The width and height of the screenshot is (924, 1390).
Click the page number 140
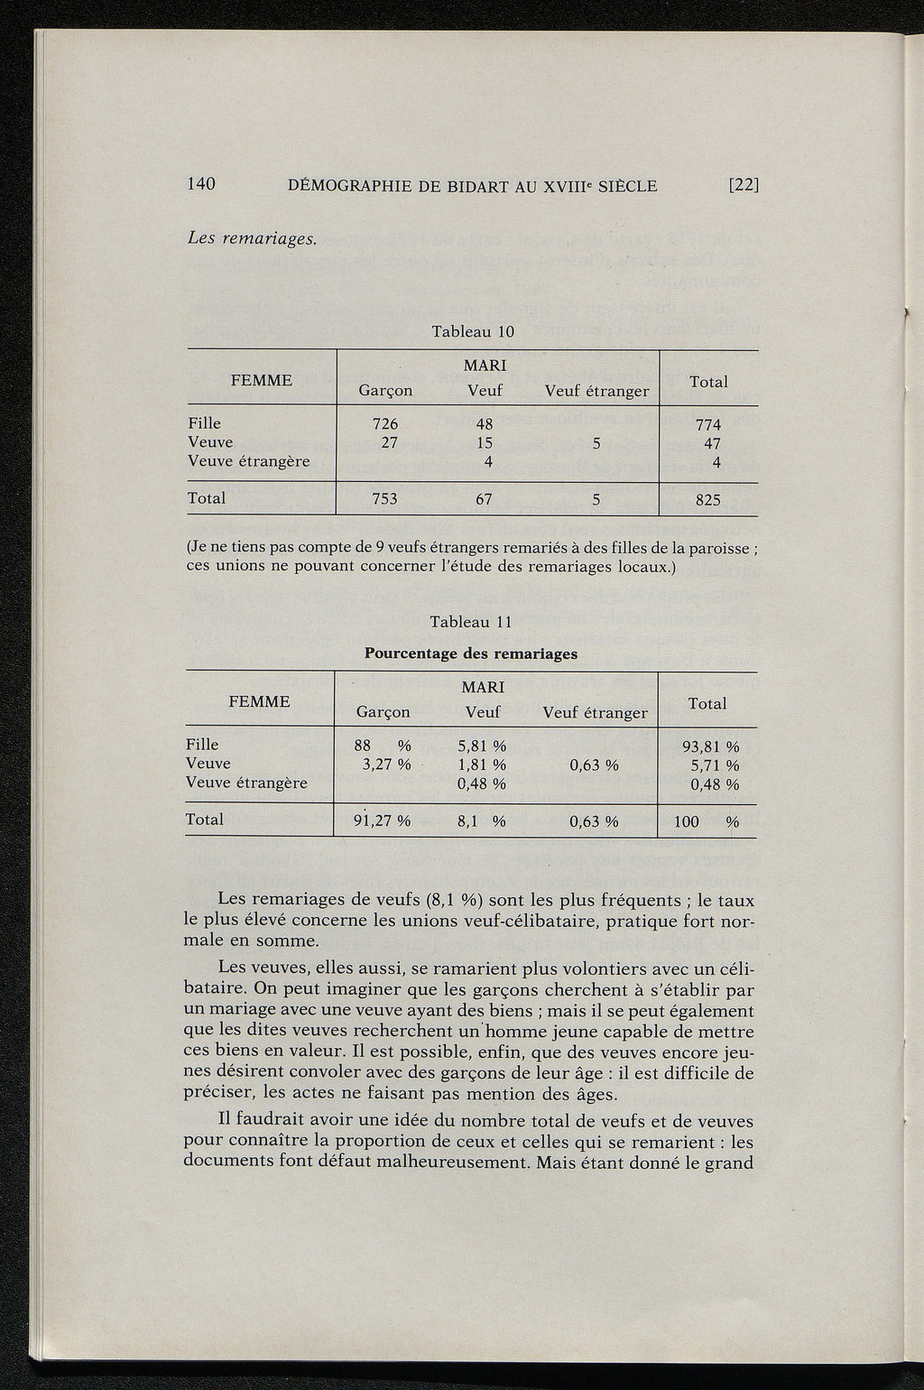pos(201,184)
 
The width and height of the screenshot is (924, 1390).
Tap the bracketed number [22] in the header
pos(744,186)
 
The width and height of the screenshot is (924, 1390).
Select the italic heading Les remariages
pos(251,239)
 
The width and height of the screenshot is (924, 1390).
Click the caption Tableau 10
pos(473,331)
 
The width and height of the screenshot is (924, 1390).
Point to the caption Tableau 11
pos(471,622)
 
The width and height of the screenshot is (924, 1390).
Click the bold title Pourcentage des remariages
pos(470,653)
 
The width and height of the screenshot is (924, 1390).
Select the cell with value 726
pos(385,423)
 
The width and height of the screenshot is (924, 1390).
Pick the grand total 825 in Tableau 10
pos(708,499)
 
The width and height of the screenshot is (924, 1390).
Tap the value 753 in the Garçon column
pos(385,498)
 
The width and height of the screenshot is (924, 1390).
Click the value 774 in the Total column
pos(708,424)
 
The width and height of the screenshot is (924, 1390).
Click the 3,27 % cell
pos(383,764)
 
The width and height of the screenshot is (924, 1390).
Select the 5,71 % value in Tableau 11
pos(715,765)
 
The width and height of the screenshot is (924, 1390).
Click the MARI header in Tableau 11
pos(483,687)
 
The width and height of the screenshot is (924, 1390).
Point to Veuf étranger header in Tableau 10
pos(596,391)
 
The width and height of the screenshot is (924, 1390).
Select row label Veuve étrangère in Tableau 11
pos(246,783)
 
